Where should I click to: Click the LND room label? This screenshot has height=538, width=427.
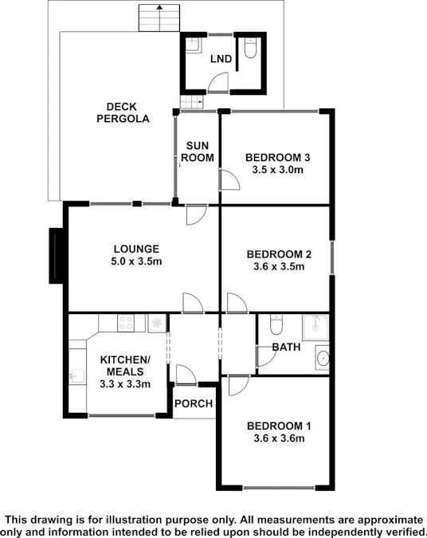click(221, 59)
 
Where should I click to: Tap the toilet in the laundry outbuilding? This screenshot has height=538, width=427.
click(250, 48)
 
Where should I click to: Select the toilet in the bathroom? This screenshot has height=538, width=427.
click(276, 324)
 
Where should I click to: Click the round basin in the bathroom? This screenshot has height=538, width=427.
click(323, 358)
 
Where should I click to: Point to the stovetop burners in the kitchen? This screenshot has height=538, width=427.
click(126, 323)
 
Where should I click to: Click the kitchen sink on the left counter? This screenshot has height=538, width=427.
click(76, 376)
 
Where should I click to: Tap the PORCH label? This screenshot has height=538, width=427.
click(194, 403)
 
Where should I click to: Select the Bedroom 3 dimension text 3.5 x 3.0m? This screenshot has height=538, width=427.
click(278, 170)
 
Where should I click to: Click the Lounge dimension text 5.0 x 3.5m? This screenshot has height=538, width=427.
click(136, 261)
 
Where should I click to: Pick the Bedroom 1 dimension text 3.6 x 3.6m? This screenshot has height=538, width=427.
click(279, 438)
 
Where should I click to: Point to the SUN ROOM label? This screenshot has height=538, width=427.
click(198, 151)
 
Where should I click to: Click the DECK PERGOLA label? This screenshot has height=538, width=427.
click(123, 112)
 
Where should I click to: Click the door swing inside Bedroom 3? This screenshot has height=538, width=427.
click(229, 179)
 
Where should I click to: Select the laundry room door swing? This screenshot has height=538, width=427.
click(218, 82)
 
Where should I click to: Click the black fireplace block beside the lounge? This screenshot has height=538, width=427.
click(56, 256)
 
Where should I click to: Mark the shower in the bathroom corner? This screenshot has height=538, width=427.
click(315, 327)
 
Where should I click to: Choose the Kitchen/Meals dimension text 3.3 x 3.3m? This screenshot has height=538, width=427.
click(125, 383)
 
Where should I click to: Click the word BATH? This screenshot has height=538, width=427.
click(286, 347)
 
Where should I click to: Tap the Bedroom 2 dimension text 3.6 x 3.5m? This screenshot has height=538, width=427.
click(279, 266)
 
